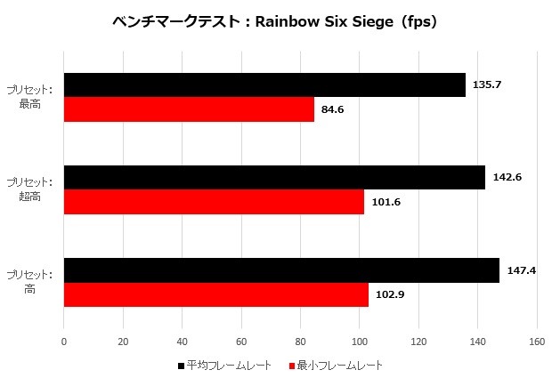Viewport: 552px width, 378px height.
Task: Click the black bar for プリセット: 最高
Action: [264, 84]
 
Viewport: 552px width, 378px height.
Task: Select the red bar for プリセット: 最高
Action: [189, 109]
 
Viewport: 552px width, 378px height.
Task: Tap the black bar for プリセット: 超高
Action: [274, 177]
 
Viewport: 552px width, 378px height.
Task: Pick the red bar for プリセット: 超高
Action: [214, 202]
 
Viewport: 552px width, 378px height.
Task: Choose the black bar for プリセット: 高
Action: [281, 269]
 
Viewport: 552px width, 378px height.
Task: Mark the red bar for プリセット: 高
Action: [215, 294]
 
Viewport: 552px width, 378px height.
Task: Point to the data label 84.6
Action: [334, 109]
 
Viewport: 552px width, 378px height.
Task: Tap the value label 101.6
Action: [386, 202]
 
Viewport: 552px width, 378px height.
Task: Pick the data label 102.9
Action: [390, 294]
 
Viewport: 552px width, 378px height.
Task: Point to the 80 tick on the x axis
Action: [300, 341]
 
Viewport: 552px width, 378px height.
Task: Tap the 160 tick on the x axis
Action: [537, 341]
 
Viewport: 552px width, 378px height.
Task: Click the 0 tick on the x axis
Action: [64, 341]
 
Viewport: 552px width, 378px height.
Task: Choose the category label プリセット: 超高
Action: [29, 189]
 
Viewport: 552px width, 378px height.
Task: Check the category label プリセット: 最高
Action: [29, 97]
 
